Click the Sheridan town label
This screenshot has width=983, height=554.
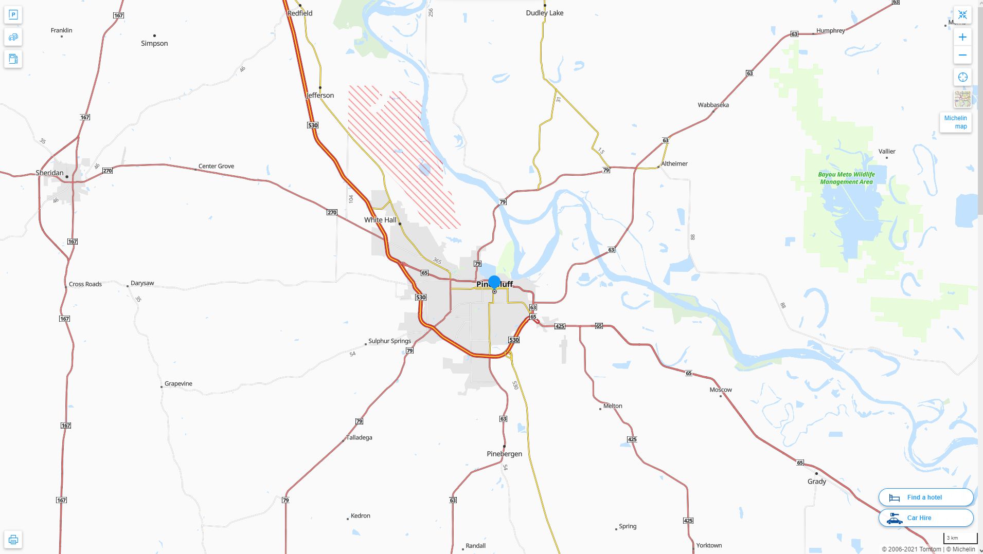coord(49,173)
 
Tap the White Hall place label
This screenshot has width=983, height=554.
coord(380,220)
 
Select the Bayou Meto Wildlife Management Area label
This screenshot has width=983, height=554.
coord(846,178)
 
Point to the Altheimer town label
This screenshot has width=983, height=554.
coord(674,163)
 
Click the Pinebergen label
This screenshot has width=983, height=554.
coord(504,454)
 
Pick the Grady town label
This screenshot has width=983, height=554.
coord(816,482)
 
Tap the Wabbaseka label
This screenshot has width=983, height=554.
coord(713,105)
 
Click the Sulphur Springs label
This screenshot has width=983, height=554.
coord(389,341)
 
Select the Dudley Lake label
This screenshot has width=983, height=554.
coord(544,13)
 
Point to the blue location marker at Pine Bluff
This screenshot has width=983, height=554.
coord(494,282)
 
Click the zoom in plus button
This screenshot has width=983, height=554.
coord(962,37)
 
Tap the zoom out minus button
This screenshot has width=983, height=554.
coord(962,55)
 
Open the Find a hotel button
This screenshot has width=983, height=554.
coord(925,497)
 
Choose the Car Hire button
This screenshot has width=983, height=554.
coord(925,518)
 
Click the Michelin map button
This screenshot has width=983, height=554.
coord(955,122)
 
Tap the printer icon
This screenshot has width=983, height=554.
coord(13,540)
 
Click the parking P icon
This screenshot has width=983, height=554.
coord(13,15)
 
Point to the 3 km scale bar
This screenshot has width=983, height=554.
coord(959,538)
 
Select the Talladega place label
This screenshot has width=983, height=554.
coord(359,437)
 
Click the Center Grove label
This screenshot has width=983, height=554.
coord(216,166)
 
